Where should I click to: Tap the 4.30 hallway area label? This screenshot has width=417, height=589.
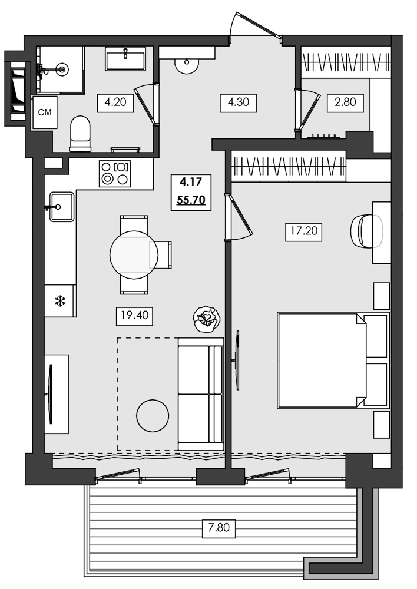pyautogui.click(x=238, y=102)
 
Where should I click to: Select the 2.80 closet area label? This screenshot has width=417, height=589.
pyautogui.click(x=345, y=102)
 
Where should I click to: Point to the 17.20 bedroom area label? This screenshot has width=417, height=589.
pyautogui.click(x=304, y=231)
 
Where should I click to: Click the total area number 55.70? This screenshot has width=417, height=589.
pyautogui.click(x=191, y=200)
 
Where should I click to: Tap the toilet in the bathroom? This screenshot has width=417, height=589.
pyautogui.click(x=80, y=133)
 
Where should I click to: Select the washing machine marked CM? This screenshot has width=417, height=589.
pyautogui.click(x=44, y=112)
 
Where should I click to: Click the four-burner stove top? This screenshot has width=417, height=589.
pyautogui.click(x=115, y=174)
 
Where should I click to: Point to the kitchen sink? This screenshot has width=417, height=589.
pyautogui.click(x=61, y=207)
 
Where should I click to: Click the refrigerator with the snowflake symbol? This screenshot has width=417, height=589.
pyautogui.click(x=59, y=301)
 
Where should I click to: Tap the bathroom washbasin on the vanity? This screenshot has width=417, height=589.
pyautogui.click(x=125, y=59)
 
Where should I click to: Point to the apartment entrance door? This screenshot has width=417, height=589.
pyautogui.click(x=254, y=27)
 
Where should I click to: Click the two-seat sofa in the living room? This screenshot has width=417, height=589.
pyautogui.click(x=200, y=394)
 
